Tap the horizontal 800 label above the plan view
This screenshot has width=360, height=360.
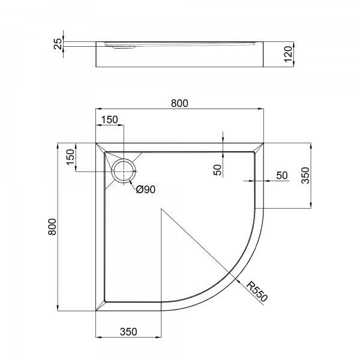pos(179,103)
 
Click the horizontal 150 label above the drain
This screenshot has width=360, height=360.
pos(109,119)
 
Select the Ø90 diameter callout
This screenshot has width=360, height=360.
pos(146,190)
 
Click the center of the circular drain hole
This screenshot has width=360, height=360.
pos(125,171)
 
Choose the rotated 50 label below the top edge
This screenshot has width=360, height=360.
pos(217,170)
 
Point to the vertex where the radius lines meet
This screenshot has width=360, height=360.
pos(161,209)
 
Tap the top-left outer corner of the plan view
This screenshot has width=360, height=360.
pos(96,143)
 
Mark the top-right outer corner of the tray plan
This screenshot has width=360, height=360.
pos(265,143)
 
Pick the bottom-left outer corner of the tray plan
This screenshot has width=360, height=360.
pos(96,311)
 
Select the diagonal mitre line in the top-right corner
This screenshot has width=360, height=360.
pos(260,148)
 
